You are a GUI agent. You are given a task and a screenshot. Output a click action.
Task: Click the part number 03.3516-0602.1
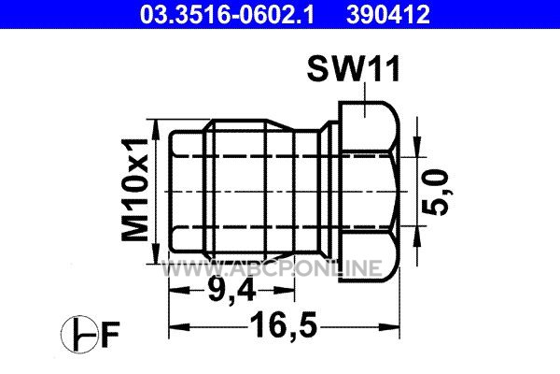227,14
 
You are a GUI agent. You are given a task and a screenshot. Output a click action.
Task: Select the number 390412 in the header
388,14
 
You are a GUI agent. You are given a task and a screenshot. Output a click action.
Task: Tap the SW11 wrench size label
353,69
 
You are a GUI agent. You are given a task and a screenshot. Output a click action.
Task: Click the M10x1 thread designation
134,190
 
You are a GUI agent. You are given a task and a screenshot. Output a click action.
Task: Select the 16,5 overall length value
284,325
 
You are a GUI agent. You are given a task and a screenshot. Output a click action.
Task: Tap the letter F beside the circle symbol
109,335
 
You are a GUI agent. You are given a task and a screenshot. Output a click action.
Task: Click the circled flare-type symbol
79,335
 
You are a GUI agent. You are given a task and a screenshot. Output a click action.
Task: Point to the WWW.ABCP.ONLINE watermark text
272,268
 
